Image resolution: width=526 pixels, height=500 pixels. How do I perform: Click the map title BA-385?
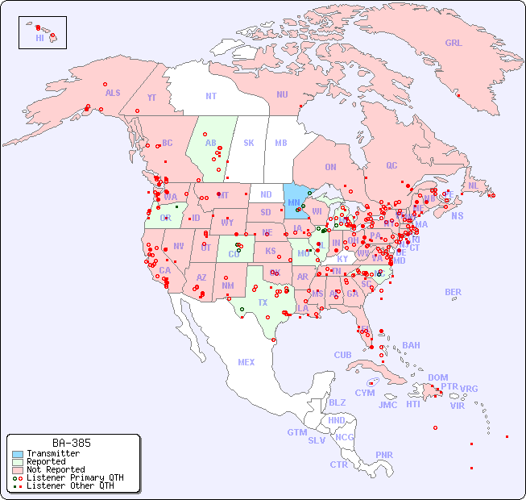coord(72,443)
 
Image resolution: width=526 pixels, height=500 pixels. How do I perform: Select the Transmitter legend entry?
coord(52,454)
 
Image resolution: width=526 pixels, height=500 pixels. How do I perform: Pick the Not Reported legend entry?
coord(56,469)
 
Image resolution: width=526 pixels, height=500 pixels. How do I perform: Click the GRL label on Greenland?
coord(454,43)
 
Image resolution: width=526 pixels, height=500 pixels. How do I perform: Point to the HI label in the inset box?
coord(39,38)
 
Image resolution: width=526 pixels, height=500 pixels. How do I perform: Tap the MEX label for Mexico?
coord(246,362)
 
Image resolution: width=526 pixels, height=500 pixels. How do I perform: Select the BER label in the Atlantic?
coord(454,292)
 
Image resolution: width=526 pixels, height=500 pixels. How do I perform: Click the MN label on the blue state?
coord(294,202)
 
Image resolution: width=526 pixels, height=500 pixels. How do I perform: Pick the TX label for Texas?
coord(263,302)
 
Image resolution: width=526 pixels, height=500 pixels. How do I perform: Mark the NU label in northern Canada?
coord(282,94)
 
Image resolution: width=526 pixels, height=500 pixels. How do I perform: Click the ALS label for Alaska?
coord(113,93)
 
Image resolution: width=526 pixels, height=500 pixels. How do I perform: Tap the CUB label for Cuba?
coord(342,355)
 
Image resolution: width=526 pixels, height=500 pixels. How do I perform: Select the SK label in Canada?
coord(249,143)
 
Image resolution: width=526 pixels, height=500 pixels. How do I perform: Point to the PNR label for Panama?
coord(384,455)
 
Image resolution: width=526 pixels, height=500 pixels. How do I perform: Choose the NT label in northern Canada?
coord(210,95)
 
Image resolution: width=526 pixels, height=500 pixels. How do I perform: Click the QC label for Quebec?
coord(391,165)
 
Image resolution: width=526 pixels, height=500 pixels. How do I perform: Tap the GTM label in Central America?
coord(296,432)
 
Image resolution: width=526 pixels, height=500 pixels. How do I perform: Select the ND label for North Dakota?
coord(266,194)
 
